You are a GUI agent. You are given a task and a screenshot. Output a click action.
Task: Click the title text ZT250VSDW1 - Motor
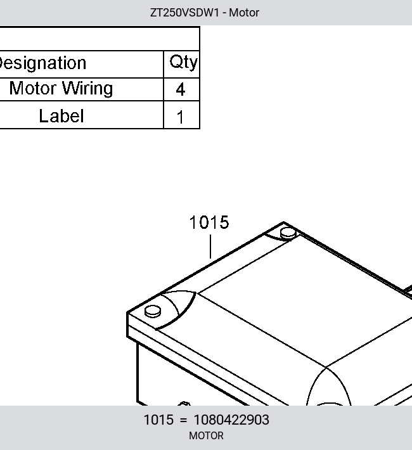205,13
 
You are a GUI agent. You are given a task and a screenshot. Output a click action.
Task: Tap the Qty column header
183,62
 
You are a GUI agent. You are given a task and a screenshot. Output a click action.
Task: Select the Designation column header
42,63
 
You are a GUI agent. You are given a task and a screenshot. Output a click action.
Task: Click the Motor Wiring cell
61,88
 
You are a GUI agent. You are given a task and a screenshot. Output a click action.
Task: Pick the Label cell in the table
61,116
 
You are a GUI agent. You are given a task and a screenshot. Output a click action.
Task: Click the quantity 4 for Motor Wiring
180,89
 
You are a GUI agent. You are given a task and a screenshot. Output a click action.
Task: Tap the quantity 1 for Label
180,117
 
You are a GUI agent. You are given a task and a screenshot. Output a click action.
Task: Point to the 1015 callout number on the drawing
209,222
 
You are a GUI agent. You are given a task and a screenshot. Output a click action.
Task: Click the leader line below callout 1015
210,247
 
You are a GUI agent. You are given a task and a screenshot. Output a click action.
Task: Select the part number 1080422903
231,420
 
